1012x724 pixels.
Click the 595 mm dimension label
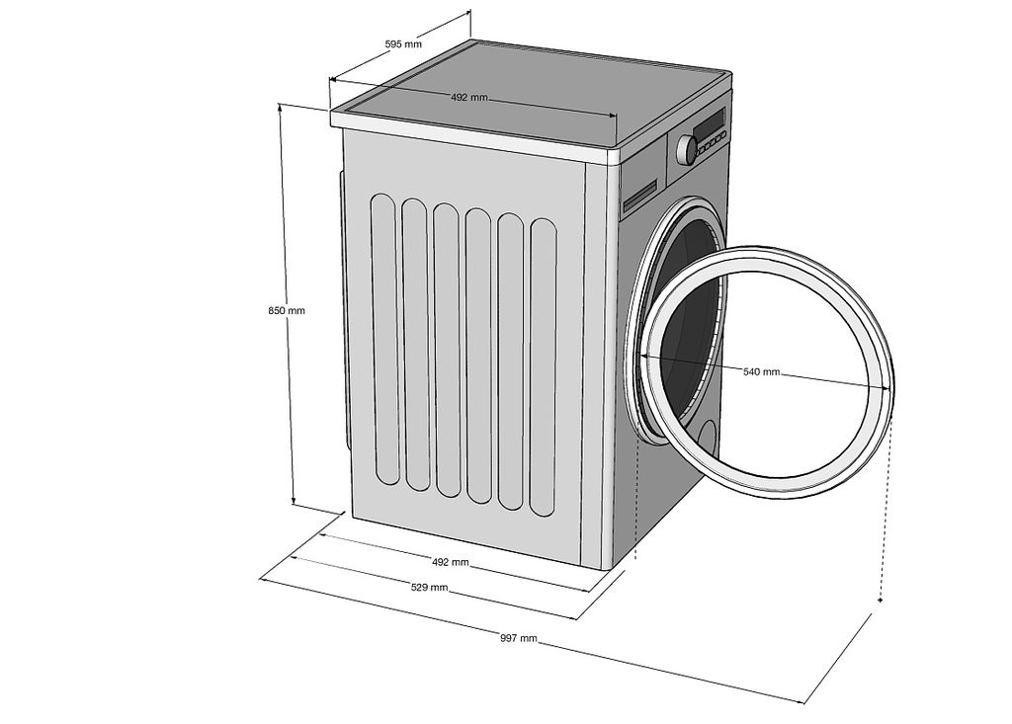click(403, 43)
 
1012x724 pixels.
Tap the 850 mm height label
click(287, 310)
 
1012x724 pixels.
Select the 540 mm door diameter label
click(762, 371)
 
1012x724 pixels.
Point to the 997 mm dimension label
click(518, 638)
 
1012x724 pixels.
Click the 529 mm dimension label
click(429, 588)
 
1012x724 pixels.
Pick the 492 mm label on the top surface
click(469, 98)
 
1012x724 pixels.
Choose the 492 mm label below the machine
click(450, 562)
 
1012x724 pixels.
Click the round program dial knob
click(687, 150)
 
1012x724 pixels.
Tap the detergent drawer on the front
click(639, 196)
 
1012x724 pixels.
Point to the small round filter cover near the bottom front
click(709, 440)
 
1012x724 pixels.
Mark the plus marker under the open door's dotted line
click(881, 601)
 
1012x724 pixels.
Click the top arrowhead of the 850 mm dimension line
click(280, 107)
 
